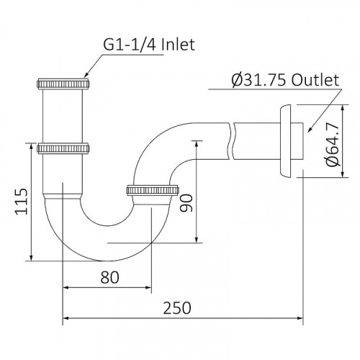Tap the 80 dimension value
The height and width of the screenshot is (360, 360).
pyautogui.click(x=109, y=275)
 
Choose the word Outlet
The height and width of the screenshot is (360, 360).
pyautogui.click(x=314, y=81)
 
